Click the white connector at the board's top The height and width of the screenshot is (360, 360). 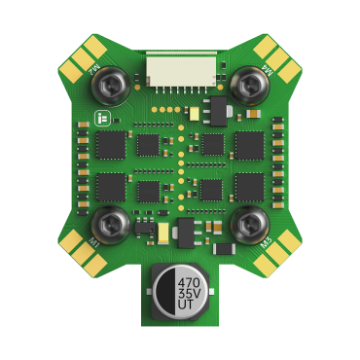click(181, 71)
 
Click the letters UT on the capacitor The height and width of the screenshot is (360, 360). click(188, 307)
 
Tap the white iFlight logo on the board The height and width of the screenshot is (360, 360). click(101, 118)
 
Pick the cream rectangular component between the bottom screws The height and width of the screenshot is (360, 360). click(163, 233)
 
